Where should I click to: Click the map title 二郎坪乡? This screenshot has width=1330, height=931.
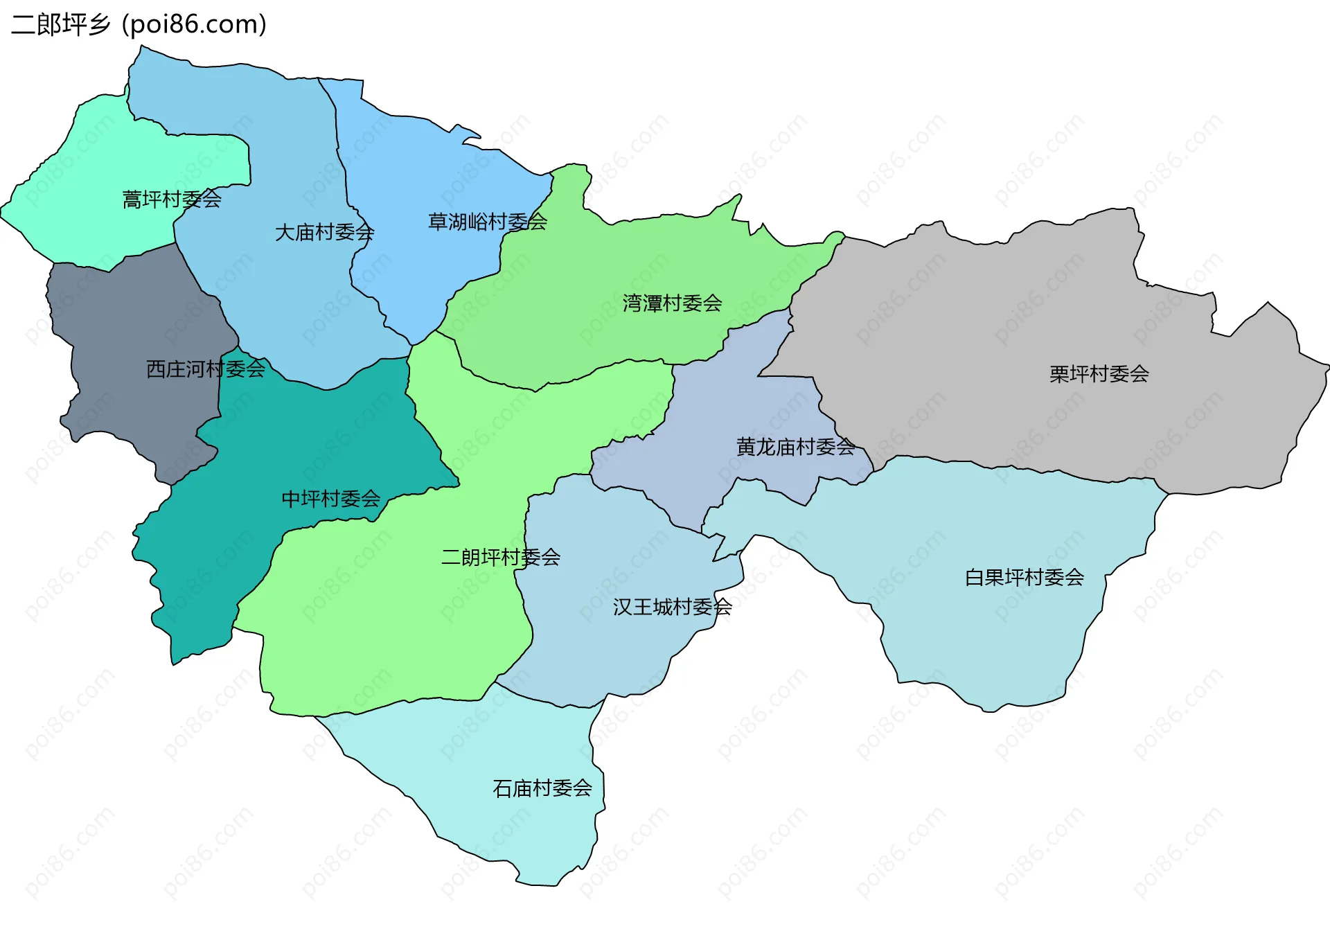(x=61, y=25)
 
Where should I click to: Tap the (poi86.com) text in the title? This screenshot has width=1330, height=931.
(x=194, y=25)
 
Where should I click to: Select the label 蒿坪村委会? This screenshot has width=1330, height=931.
(x=172, y=199)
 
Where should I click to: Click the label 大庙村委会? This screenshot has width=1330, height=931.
(x=324, y=232)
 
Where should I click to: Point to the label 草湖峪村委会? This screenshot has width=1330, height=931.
(x=488, y=222)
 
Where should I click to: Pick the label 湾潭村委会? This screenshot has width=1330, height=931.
(x=672, y=303)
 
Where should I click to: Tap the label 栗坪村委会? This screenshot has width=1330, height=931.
(x=1099, y=374)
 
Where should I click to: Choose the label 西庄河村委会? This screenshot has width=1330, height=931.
(x=206, y=369)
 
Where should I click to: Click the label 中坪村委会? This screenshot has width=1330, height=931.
(x=330, y=499)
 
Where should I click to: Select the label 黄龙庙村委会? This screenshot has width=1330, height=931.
(x=795, y=447)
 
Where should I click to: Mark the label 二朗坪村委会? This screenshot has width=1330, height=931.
(x=501, y=557)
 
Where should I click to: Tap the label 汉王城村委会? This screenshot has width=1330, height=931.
(x=672, y=607)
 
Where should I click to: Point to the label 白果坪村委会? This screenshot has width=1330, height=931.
(x=1024, y=577)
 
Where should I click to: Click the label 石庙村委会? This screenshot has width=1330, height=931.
(x=542, y=788)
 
